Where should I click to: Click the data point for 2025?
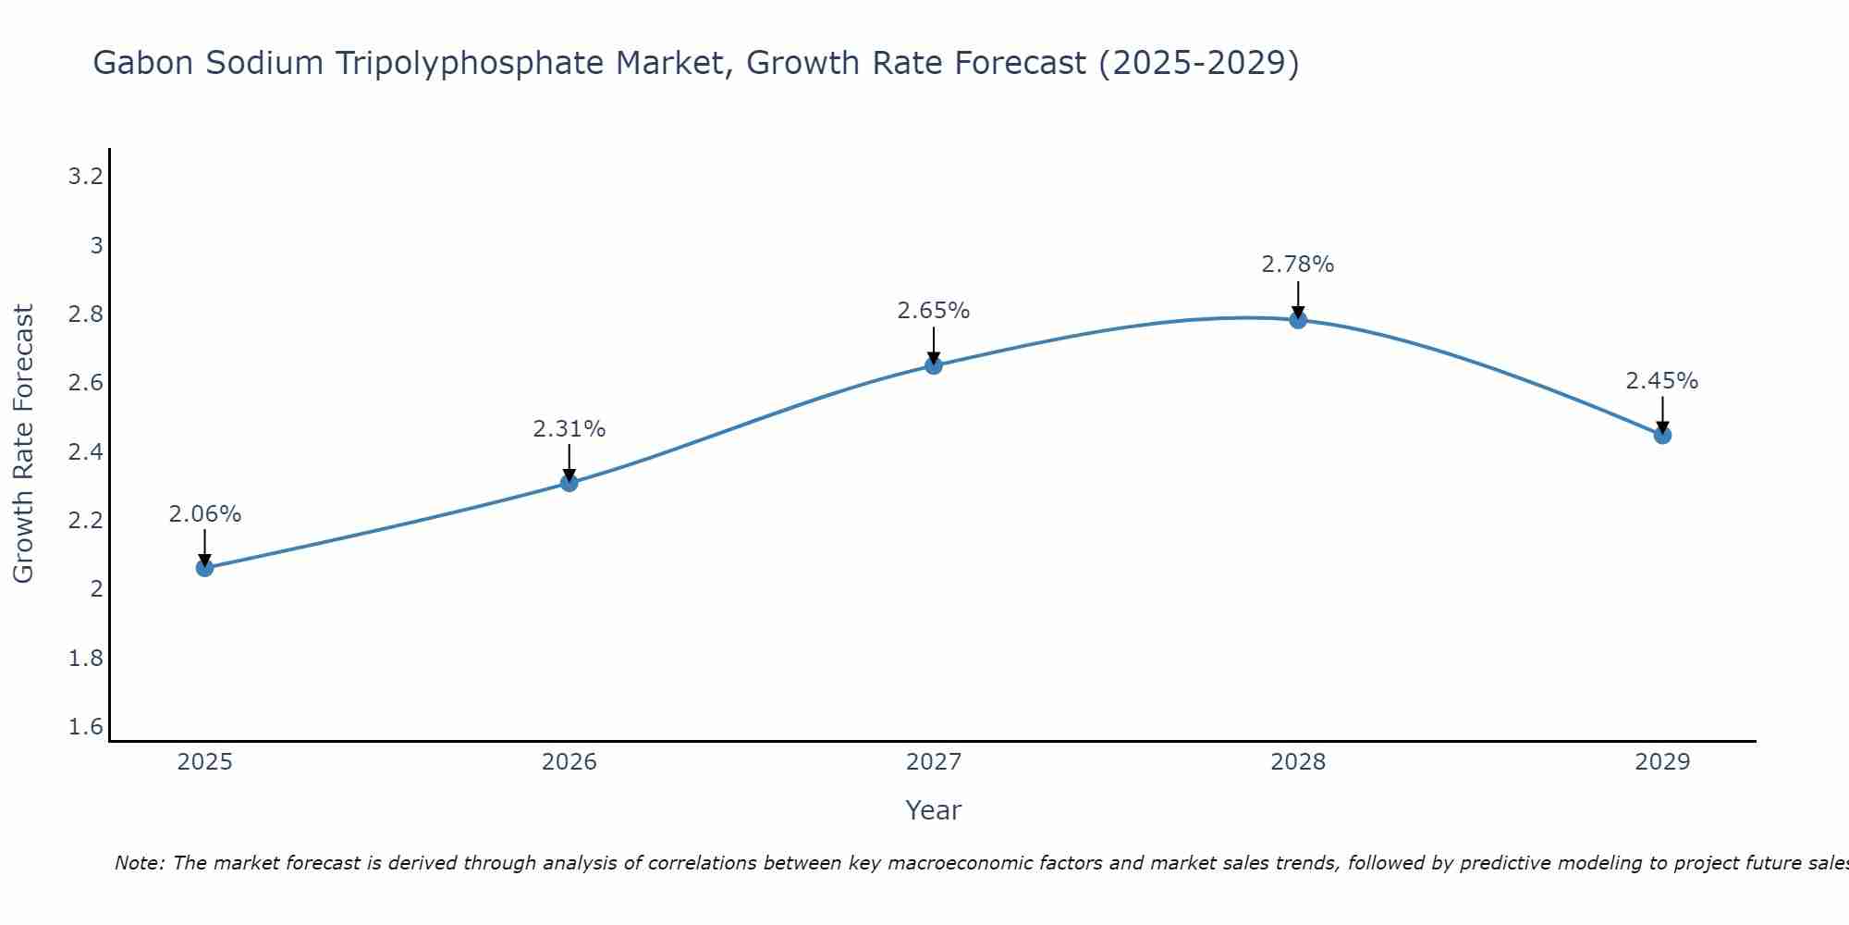click(x=204, y=567)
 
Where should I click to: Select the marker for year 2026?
click(x=569, y=482)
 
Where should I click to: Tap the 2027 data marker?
click(x=934, y=365)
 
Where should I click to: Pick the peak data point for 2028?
click(x=1298, y=320)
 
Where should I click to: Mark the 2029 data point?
click(x=1662, y=435)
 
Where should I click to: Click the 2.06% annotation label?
click(x=204, y=514)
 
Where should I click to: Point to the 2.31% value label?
click(x=569, y=429)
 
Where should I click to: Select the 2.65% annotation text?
click(x=934, y=311)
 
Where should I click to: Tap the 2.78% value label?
click(x=1298, y=265)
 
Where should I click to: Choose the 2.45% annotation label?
click(x=1662, y=381)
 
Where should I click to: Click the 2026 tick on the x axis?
click(x=569, y=762)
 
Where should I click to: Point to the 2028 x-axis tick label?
click(x=1298, y=762)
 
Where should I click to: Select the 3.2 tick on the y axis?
click(x=85, y=176)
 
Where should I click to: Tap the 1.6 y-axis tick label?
click(x=85, y=727)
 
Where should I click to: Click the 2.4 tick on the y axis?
click(x=85, y=451)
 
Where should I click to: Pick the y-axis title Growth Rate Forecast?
click(x=23, y=443)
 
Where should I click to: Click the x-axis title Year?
click(x=934, y=810)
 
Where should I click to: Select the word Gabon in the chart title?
click(x=142, y=64)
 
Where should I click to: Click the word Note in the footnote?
click(x=139, y=863)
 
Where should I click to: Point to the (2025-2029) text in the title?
click(x=1198, y=64)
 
